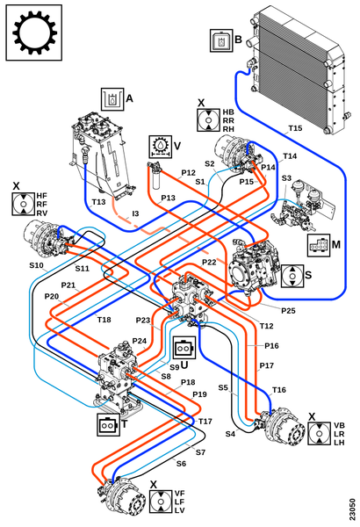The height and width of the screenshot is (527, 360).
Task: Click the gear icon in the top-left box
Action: click(34, 32)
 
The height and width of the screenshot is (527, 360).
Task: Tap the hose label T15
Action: click(295, 128)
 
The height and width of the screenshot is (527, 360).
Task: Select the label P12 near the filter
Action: click(188, 173)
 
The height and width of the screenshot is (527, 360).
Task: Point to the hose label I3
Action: click(135, 213)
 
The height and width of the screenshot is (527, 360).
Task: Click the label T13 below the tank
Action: click(98, 202)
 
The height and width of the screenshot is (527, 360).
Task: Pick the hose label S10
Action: click(36, 265)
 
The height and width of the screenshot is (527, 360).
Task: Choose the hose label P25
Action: click(288, 311)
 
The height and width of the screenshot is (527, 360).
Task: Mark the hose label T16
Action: click(278, 389)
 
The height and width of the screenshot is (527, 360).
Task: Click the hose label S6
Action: click(181, 464)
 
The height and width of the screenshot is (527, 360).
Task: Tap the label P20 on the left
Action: click(52, 297)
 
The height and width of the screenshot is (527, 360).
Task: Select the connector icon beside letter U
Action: click(184, 348)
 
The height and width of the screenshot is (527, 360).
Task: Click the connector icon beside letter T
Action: click(108, 425)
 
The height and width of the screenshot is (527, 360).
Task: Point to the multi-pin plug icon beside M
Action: click(319, 246)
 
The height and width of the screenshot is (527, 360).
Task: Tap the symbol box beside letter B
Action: click(221, 40)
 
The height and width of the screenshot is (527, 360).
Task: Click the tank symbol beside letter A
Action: click(112, 99)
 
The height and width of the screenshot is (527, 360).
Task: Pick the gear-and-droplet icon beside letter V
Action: click(161, 147)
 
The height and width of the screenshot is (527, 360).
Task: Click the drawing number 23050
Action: click(351, 509)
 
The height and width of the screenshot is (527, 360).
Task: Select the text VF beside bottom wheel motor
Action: click(179, 494)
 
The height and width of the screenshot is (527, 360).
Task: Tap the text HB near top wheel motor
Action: click(228, 112)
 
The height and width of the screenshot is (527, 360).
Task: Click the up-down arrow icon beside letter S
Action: click(292, 276)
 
